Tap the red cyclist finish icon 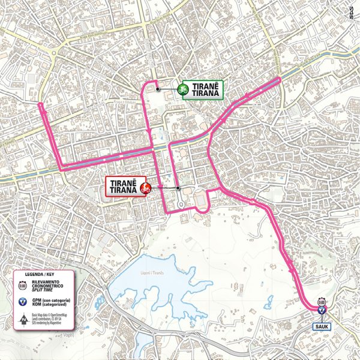pos(144,188)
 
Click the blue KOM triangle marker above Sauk pos(322,310)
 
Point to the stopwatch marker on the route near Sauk pos(322,302)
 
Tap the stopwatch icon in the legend pos(23,287)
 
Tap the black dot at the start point pos(158,89)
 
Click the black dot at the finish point pos(178,188)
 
